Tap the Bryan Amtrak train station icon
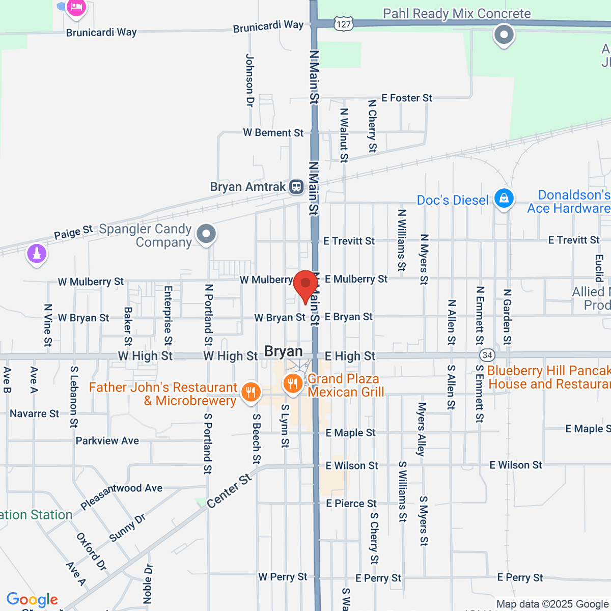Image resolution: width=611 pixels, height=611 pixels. pos(296,187)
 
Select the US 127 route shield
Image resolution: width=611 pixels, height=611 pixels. pos(344,24)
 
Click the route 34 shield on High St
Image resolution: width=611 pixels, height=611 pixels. pos(487,355)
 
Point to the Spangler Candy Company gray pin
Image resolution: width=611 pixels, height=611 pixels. pos(206,235)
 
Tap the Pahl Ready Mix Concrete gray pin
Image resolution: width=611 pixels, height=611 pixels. pos(504,35)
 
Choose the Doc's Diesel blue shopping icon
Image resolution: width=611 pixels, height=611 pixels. pos(504,199)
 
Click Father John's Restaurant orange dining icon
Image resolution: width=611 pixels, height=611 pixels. pos(250,392)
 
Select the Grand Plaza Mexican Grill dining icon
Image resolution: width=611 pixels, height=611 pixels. pos(293,383)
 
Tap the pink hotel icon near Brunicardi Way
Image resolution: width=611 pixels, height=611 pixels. pos(76,7)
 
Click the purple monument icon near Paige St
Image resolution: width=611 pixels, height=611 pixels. pos(37,253)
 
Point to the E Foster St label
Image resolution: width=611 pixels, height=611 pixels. pos(406,98)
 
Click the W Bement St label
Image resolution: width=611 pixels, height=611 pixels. pos(273,133)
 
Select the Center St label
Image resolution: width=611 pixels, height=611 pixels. pos(230,491)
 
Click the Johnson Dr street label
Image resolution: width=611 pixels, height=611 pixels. pos(249,80)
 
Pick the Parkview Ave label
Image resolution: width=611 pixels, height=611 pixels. pos(107,441)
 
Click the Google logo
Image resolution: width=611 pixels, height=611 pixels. pos(32,600)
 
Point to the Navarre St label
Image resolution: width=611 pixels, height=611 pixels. pos(34,413)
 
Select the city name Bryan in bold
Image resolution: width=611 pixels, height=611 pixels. pos(284,351)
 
